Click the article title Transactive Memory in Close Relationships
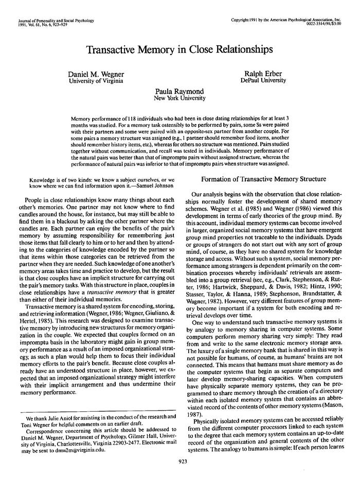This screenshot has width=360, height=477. tap(180, 50)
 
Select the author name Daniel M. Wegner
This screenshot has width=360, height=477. tap(96, 74)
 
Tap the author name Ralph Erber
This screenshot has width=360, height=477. tap(263, 74)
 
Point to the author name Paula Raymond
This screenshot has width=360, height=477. tap(179, 91)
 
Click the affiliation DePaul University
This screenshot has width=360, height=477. tap(263, 81)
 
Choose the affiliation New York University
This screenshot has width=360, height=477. tap(179, 98)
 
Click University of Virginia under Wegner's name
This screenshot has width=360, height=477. tap(96, 81)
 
